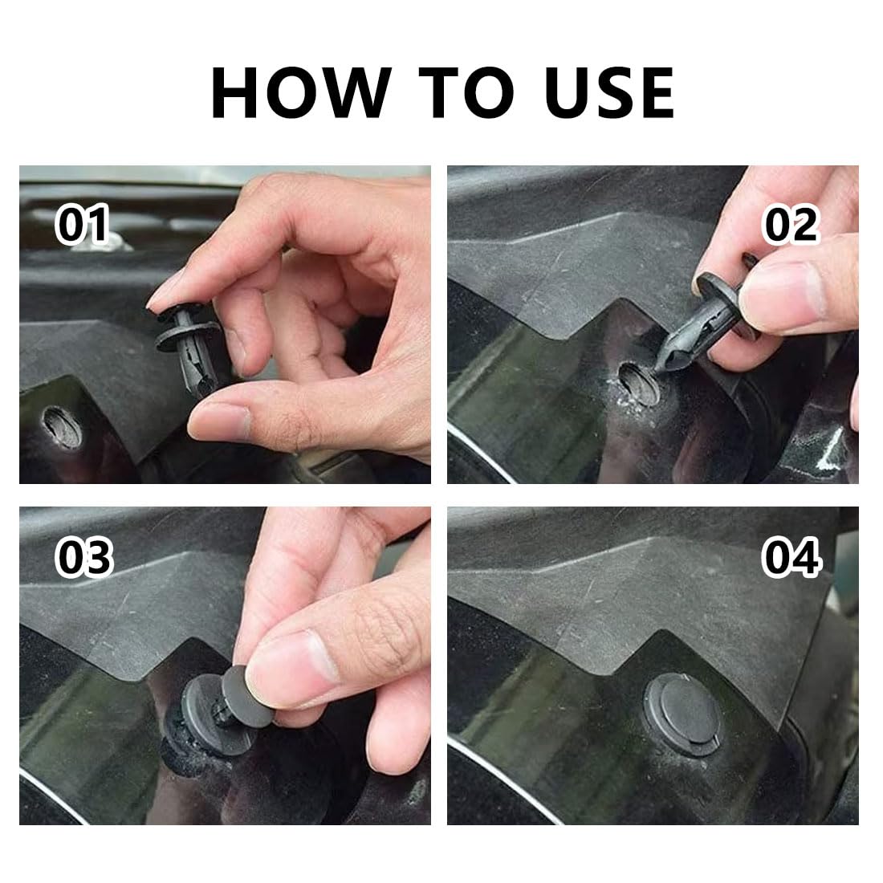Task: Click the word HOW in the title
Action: click(301, 92)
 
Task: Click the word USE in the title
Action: click(609, 92)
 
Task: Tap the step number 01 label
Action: click(82, 224)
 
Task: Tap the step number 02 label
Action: click(791, 224)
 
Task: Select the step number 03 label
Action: click(84, 557)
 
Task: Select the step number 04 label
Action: click(791, 557)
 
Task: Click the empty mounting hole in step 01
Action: click(62, 427)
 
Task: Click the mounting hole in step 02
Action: click(639, 384)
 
